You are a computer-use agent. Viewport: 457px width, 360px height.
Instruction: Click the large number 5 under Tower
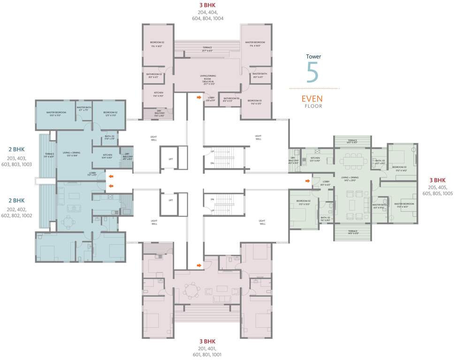point(313,71)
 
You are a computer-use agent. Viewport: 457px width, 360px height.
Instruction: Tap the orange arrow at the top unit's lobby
point(199,98)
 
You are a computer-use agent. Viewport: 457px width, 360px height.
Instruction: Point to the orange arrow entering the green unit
point(307,180)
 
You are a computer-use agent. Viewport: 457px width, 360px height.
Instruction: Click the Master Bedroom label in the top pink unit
point(256,43)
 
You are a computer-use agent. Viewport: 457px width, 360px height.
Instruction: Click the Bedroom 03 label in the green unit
point(399,167)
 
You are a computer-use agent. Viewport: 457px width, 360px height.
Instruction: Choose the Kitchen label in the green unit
point(315,158)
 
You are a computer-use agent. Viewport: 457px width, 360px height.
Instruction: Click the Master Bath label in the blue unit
point(84,108)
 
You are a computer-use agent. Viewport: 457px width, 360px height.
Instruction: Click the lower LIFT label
point(171,200)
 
